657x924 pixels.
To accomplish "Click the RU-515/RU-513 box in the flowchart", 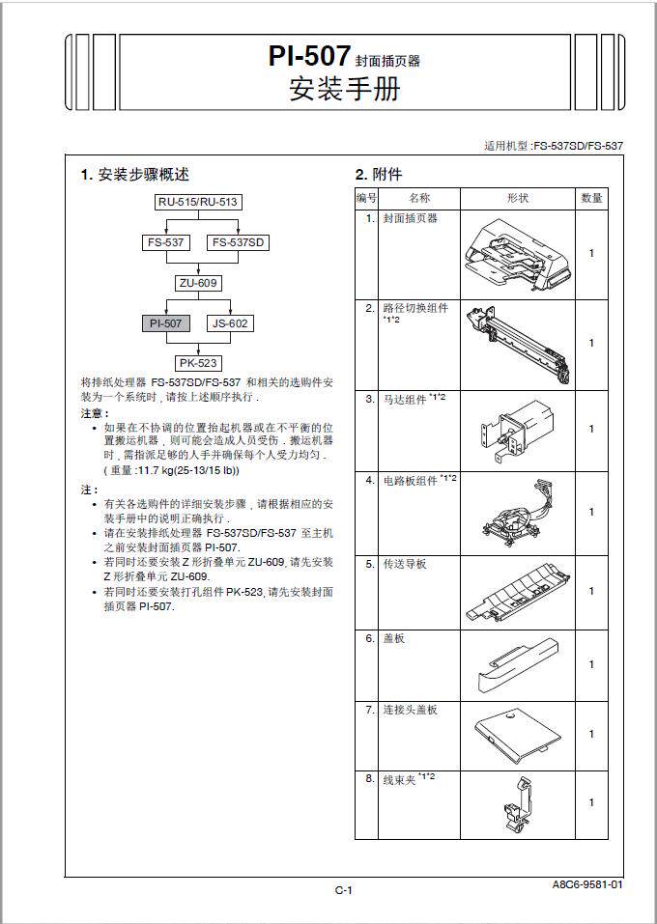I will tap(198, 202).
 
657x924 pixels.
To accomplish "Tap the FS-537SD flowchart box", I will tap(238, 242).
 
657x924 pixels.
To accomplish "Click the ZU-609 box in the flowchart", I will tap(198, 283).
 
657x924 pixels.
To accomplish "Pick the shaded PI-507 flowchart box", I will tap(165, 323).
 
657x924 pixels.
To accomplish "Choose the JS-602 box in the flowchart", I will tap(230, 323).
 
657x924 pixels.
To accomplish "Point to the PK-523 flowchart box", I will tap(198, 364).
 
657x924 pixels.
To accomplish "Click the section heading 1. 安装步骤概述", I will tap(134, 175).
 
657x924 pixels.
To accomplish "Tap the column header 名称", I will tap(418, 198).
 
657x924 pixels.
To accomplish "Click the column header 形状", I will tap(518, 198).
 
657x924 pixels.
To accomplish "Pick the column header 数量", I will tap(591, 198).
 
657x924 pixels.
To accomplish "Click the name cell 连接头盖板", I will tap(411, 710).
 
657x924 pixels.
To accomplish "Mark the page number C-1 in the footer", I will tap(344, 890).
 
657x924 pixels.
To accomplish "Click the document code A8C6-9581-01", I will tap(587, 883).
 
